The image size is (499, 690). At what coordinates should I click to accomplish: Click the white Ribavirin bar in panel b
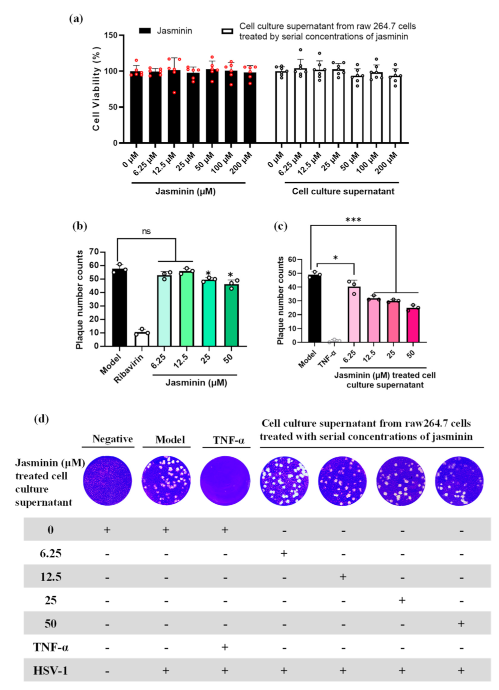click(141, 339)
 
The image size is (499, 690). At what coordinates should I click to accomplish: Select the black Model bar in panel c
click(314, 309)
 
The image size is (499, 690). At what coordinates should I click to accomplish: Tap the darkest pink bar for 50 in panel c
click(413, 325)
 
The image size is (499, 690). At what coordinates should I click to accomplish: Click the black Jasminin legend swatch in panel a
click(145, 31)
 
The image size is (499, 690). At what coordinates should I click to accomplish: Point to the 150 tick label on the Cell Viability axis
click(110, 35)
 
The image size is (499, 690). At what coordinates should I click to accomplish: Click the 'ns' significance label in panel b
click(146, 232)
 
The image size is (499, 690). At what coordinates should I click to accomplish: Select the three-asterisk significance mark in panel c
click(353, 220)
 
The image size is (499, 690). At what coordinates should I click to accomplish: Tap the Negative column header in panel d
click(112, 439)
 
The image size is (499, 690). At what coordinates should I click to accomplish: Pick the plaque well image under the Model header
click(166, 481)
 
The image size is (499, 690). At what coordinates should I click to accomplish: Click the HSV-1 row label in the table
click(50, 670)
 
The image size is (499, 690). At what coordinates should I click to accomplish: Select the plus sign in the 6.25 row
click(284, 553)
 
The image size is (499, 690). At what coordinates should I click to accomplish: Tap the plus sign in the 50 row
click(461, 623)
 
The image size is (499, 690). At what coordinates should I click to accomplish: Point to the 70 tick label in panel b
click(94, 252)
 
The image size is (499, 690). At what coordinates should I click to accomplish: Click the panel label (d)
click(41, 418)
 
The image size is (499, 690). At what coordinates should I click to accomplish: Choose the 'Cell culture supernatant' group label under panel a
click(343, 191)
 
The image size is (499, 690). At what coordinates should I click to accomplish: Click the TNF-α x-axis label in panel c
click(327, 358)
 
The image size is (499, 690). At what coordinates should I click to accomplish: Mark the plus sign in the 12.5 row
click(343, 577)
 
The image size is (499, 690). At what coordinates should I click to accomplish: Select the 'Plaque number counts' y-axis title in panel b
click(79, 300)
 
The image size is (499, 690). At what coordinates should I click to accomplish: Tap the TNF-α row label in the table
click(50, 647)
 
